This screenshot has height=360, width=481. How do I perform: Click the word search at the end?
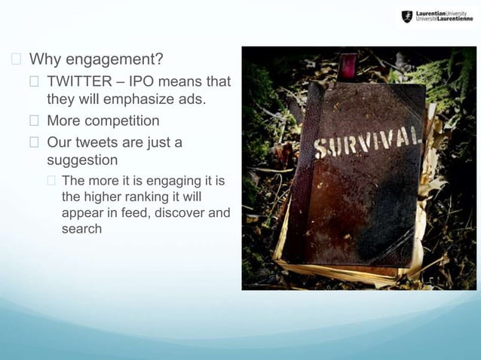click(x=81, y=228)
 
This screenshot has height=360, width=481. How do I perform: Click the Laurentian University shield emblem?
click(x=408, y=16)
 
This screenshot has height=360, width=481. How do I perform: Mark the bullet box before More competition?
click(x=34, y=121)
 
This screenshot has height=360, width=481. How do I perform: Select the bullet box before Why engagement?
click(x=15, y=59)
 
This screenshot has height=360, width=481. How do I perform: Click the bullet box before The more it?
click(x=51, y=181)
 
